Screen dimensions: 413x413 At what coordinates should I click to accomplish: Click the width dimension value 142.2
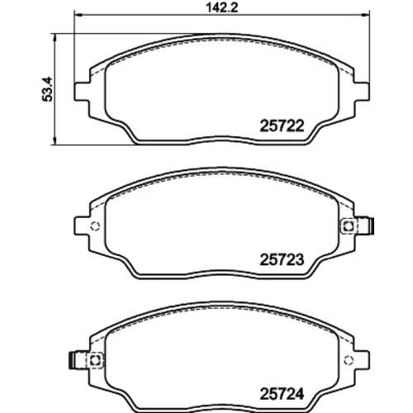point(222,7)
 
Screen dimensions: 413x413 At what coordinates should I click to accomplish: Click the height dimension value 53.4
point(47,89)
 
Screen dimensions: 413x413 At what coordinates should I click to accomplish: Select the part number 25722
point(282,126)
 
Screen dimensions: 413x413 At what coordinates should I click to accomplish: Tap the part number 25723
point(282,259)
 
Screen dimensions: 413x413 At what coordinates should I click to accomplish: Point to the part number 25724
point(282,394)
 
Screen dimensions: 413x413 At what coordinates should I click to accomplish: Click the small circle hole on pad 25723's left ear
point(95,226)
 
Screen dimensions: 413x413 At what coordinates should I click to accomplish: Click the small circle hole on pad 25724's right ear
point(349,360)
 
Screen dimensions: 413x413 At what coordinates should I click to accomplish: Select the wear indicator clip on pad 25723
point(357,226)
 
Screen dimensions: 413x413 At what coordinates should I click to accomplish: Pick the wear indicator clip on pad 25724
point(86,360)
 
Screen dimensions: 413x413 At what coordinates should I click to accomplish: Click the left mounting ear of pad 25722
point(82,92)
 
